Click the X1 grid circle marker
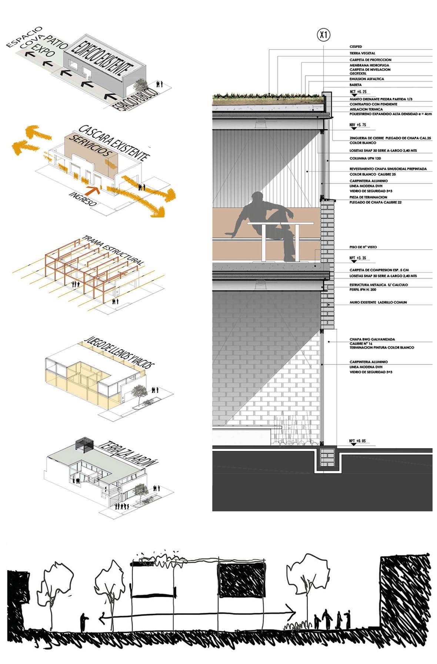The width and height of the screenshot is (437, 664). click(x=324, y=35)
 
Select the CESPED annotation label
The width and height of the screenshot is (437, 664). click(x=356, y=47)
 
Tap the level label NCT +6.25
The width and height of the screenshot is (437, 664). click(x=357, y=91)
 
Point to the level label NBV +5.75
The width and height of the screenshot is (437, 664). click(x=357, y=125)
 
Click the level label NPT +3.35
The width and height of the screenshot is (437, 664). click(x=357, y=258)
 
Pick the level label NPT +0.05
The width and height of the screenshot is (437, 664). click(x=357, y=441)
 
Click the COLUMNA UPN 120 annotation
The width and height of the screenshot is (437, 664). click(x=365, y=158)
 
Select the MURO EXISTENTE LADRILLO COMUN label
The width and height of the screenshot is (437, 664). click(x=378, y=302)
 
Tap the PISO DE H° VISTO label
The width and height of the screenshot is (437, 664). click(x=363, y=247)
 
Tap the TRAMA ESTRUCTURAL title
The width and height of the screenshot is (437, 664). click(x=113, y=250)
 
